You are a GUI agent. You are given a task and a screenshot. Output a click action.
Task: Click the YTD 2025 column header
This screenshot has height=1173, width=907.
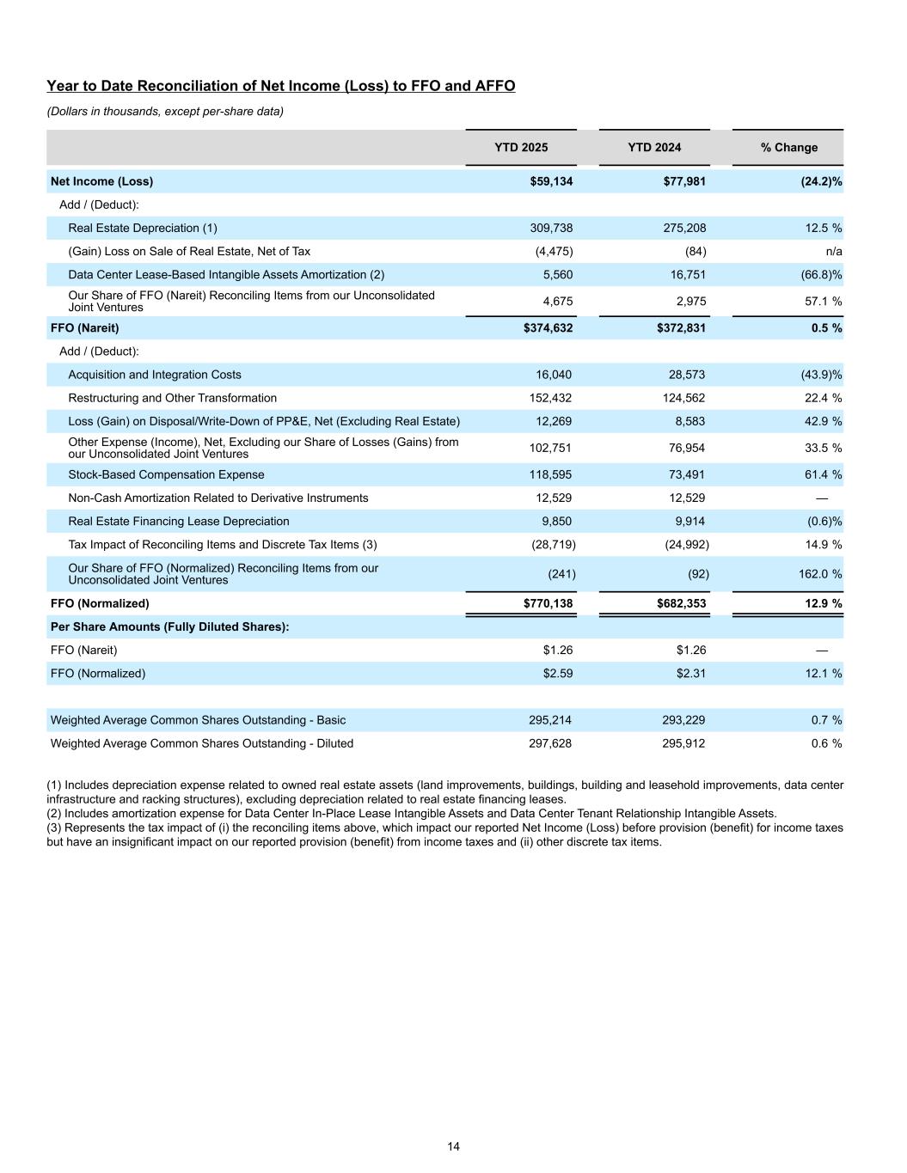pos(521,147)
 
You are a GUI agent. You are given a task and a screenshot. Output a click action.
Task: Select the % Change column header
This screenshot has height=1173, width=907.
pos(788,147)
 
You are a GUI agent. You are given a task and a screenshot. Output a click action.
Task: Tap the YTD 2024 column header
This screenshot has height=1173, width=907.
pos(654,147)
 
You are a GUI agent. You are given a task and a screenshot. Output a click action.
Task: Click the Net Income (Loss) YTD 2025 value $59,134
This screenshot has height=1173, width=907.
pos(551,181)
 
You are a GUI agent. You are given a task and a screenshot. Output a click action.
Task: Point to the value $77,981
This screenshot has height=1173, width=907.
pos(684,181)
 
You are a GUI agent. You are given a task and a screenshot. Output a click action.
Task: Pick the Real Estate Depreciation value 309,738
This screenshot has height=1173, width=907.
pos(551,228)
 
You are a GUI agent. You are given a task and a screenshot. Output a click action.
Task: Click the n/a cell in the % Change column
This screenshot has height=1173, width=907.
pos(833,251)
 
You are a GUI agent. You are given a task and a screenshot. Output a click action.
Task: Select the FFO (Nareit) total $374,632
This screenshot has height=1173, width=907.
pos(548,327)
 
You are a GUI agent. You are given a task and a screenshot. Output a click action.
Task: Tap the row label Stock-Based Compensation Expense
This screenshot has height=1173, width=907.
pos(166,474)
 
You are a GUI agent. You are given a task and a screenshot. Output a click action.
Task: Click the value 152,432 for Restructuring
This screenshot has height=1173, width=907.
pos(550,398)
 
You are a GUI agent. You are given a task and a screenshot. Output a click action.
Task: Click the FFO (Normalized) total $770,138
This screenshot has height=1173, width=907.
pos(548,603)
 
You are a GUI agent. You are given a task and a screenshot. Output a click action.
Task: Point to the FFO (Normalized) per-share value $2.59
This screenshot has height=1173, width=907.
pos(557,673)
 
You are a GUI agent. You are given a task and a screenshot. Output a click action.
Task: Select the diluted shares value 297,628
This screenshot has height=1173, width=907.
pos(550,743)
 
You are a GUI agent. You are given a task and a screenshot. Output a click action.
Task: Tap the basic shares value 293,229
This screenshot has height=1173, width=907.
pos(683,720)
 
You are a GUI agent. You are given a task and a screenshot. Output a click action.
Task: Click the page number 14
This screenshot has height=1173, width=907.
pos(453,1146)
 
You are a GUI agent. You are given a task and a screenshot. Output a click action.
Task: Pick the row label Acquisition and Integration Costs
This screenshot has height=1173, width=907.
pos(155,375)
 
